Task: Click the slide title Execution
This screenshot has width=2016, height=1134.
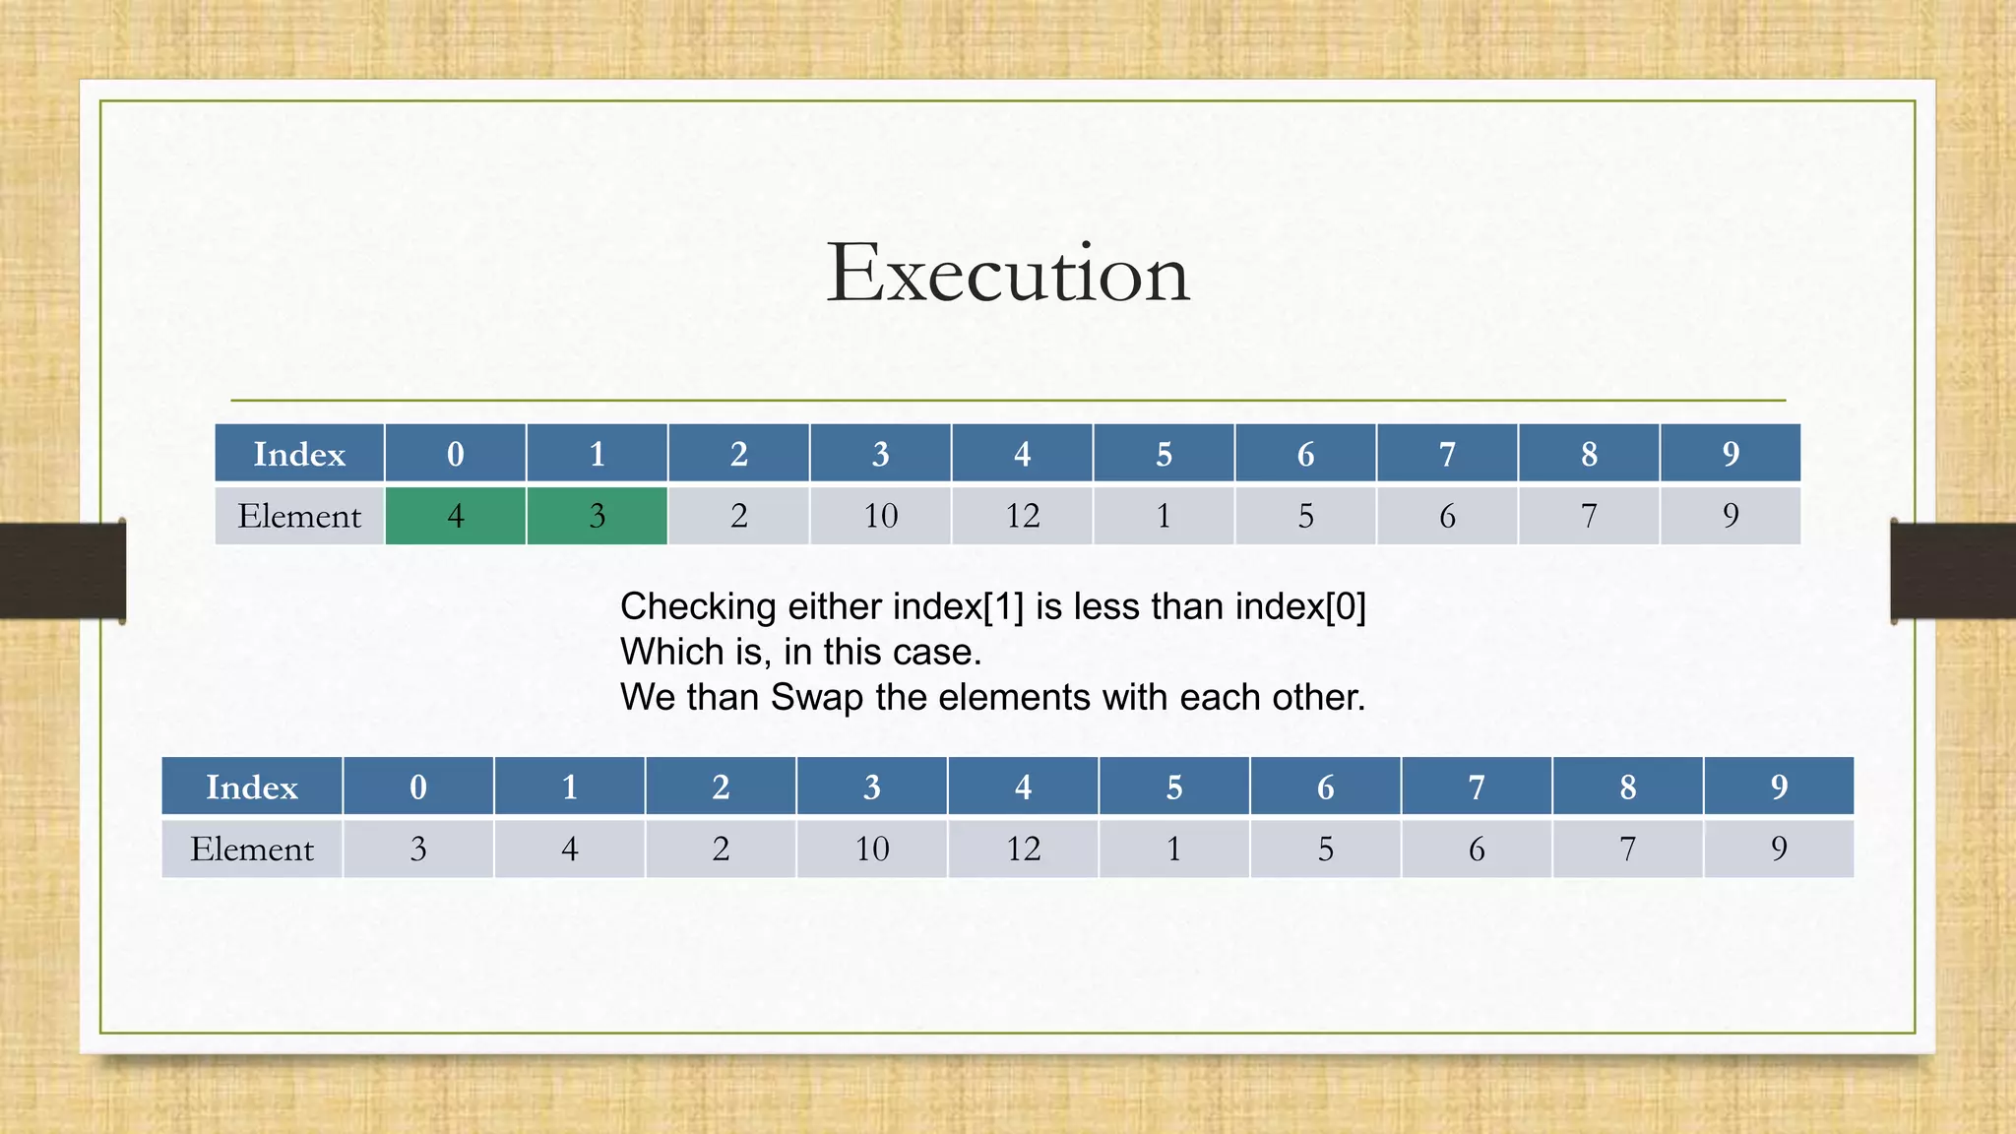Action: (1008, 273)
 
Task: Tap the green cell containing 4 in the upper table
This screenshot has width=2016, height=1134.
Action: (455, 516)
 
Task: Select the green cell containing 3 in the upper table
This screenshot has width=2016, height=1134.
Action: (597, 516)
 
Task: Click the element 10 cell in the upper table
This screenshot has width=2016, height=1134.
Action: (880, 516)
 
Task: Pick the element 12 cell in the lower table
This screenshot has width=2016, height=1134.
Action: (1023, 849)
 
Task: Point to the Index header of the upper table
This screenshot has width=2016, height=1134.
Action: (299, 454)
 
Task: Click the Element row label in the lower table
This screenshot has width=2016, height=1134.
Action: (252, 849)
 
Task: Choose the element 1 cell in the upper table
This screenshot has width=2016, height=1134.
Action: (1164, 516)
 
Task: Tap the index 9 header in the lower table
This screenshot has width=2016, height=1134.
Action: (1778, 787)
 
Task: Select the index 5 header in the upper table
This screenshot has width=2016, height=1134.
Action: (1164, 454)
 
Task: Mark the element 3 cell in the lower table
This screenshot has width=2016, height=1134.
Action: (418, 849)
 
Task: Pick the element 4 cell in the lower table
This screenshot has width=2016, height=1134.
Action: (569, 849)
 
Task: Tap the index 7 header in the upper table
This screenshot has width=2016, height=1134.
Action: (1447, 454)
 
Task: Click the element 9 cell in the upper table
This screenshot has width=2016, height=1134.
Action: (1731, 516)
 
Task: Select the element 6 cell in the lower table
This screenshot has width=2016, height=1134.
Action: (1477, 849)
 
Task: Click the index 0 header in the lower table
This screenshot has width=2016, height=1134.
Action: (418, 787)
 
